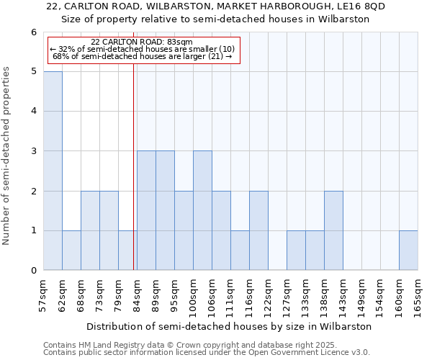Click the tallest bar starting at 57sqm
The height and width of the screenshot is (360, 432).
pyautogui.click(x=53, y=171)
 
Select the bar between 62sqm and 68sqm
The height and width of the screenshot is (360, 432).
pyautogui.click(x=71, y=251)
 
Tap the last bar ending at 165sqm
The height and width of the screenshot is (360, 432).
pyautogui.click(x=408, y=251)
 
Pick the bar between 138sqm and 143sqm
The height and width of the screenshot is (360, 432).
pyautogui.click(x=333, y=230)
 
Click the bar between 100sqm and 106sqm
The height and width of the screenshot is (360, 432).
pyautogui.click(x=202, y=210)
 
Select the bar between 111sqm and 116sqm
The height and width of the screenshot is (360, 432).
pyautogui.click(x=240, y=251)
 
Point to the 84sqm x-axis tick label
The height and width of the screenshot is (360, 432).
pyautogui.click(x=137, y=294)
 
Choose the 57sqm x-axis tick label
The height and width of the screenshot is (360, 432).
pyautogui.click(x=43, y=294)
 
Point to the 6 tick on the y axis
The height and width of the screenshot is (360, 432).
pyautogui.click(x=33, y=32)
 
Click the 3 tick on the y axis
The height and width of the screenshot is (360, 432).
pyautogui.click(x=33, y=151)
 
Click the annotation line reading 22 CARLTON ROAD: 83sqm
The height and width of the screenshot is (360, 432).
pyautogui.click(x=142, y=42)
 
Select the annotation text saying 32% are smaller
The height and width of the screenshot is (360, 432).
pyautogui.click(x=142, y=49)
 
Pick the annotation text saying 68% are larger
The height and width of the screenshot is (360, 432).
pyautogui.click(x=142, y=55)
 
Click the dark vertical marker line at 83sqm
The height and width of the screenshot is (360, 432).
pyautogui.click(x=133, y=166)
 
